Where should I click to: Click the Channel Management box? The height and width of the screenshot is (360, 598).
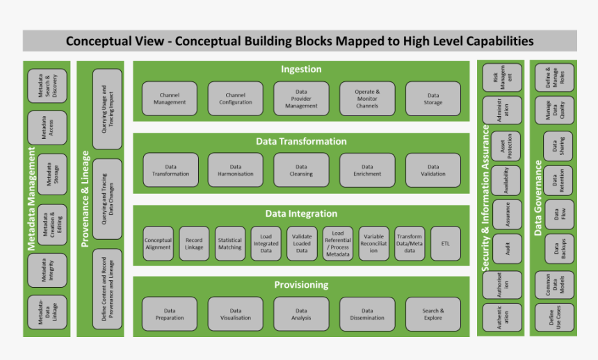pyautogui.click(x=170, y=99)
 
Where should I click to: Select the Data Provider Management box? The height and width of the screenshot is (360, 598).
pyautogui.click(x=301, y=99)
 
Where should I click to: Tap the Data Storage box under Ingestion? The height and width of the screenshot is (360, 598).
pyautogui.click(x=433, y=99)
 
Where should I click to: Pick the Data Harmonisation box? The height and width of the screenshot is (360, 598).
pyautogui.click(x=235, y=170)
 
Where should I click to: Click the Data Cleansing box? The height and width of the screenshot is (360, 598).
pyautogui.click(x=301, y=170)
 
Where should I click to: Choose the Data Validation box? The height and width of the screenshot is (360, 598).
pyautogui.click(x=433, y=170)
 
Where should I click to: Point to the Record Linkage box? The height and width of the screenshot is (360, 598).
pyautogui.click(x=194, y=244)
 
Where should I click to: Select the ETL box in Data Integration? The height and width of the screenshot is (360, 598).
pyautogui.click(x=445, y=244)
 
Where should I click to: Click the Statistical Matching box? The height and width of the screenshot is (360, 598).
pyautogui.click(x=229, y=244)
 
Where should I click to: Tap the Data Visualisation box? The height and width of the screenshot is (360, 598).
pyautogui.click(x=235, y=314)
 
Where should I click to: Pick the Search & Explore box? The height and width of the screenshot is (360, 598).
pyautogui.click(x=433, y=314)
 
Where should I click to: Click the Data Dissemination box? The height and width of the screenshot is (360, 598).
pyautogui.click(x=367, y=314)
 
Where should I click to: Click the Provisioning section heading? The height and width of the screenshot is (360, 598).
pyautogui.click(x=301, y=285)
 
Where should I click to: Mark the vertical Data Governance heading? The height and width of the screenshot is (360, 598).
pyautogui.click(x=538, y=198)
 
